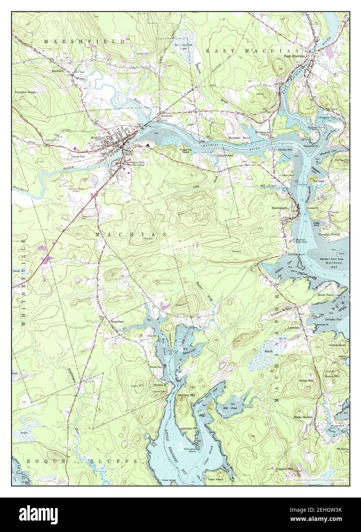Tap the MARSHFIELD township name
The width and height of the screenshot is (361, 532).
tap(84, 41)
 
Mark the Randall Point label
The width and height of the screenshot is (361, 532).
tap(330, 234)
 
